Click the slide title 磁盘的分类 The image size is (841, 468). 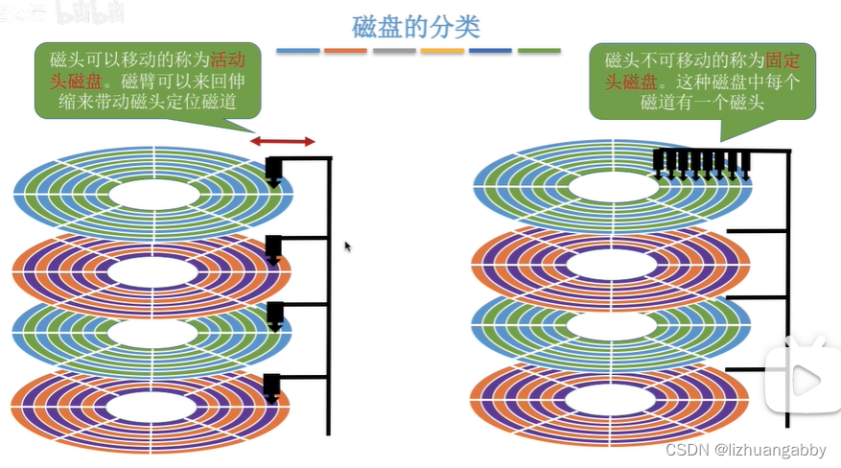(x=416, y=26)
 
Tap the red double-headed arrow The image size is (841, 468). (x=282, y=142)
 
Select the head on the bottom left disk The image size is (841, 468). (x=271, y=386)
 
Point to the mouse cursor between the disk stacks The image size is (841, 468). (x=347, y=246)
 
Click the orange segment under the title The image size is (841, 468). (x=344, y=50)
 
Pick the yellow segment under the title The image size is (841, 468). (x=442, y=50)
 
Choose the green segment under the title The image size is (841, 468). (x=539, y=50)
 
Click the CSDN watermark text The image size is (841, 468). (x=737, y=449)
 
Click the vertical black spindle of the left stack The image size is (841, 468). (x=330, y=297)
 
